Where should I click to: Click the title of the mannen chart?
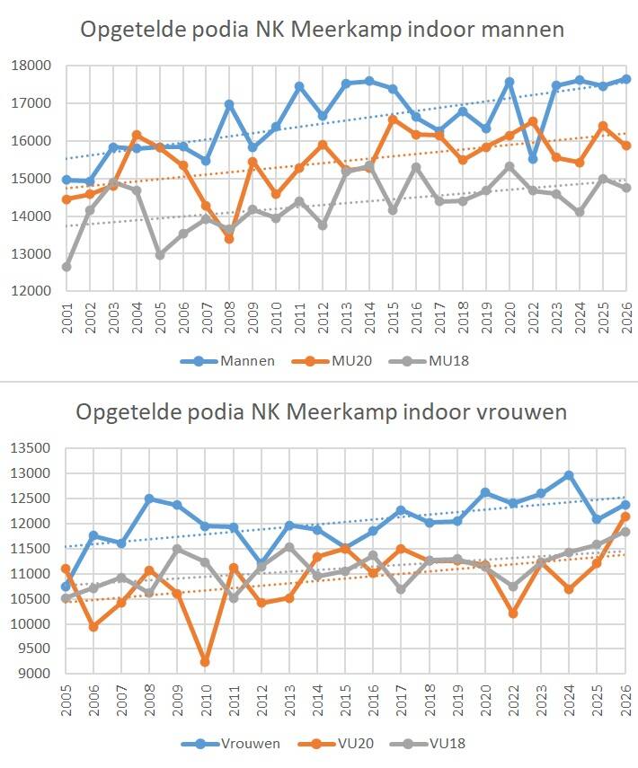322,30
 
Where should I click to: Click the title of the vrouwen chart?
322,412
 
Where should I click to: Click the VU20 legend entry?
332,743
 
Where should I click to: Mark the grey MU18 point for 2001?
66,267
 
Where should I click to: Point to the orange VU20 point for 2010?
206,662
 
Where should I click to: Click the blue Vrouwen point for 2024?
569,475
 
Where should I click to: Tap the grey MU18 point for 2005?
160,254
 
